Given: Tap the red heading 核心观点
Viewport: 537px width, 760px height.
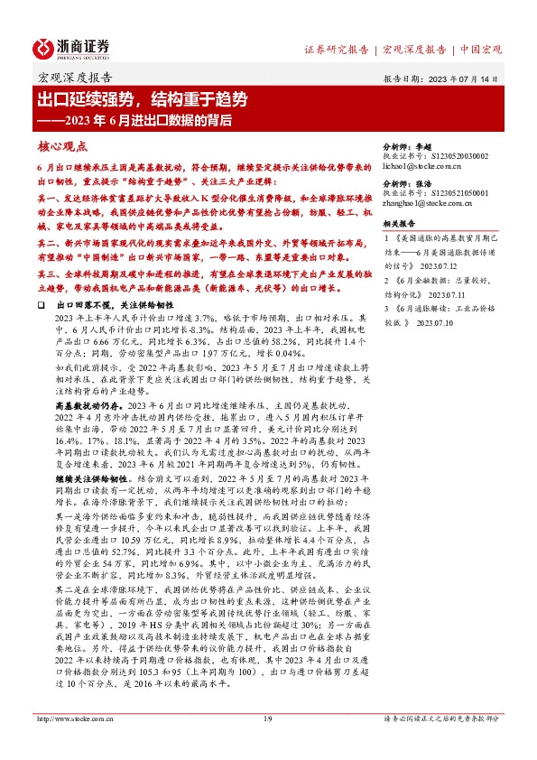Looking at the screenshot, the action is (62, 144).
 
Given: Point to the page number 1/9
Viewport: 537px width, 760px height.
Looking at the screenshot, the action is (267, 743).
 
